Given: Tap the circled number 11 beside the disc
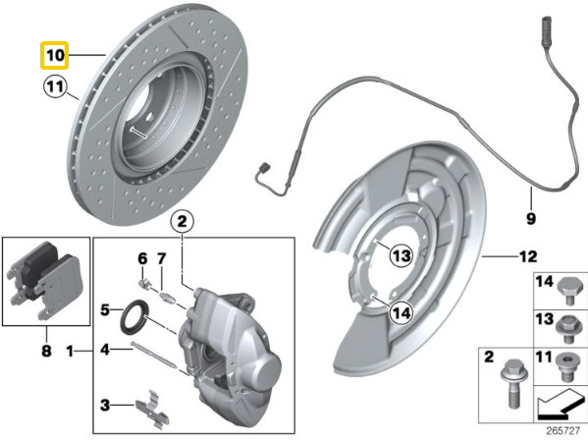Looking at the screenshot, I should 53,93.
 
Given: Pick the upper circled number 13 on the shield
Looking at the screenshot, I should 399,257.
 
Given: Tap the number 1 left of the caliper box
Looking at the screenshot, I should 70,351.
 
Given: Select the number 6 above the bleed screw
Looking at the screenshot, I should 141,259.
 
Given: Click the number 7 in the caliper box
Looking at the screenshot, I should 163,259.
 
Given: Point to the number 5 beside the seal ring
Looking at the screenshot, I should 103,312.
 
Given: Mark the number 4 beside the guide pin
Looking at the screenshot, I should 103,349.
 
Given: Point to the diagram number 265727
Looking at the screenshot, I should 562,429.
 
